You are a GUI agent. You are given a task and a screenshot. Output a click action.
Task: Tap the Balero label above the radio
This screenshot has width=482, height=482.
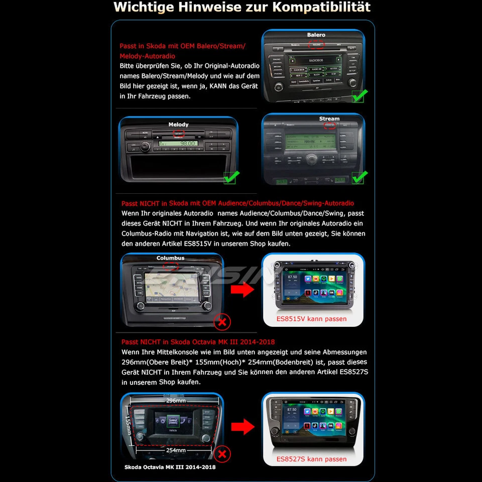[316, 35]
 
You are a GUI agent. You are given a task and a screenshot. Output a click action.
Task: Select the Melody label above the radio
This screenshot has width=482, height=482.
[178, 125]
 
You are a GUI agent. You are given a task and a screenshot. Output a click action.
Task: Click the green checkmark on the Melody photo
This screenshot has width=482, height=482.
[231, 177]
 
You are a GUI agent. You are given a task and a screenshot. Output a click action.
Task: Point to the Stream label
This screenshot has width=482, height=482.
[329, 119]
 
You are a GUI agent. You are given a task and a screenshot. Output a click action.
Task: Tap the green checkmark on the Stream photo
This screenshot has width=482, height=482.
[359, 177]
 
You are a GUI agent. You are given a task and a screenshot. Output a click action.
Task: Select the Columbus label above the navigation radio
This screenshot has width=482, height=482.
[170, 258]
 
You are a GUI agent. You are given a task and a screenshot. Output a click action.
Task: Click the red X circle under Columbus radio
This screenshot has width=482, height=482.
[222, 321]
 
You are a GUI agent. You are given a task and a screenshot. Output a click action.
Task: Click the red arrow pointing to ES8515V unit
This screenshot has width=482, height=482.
[244, 290]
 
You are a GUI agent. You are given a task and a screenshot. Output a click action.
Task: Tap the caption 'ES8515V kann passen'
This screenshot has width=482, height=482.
[311, 319]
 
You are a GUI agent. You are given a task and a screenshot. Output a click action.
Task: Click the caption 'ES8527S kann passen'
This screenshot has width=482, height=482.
[311, 459]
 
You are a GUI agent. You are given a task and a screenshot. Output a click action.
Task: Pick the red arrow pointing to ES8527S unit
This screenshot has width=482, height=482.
[244, 427]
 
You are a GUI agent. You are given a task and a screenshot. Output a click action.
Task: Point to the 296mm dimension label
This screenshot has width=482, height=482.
[172, 401]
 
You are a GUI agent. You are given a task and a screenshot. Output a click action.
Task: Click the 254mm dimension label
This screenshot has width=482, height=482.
[176, 450]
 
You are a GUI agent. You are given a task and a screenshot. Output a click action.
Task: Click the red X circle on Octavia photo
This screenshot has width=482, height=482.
[222, 455]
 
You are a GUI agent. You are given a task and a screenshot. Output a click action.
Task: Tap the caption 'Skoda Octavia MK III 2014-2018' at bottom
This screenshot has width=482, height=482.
[170, 467]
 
